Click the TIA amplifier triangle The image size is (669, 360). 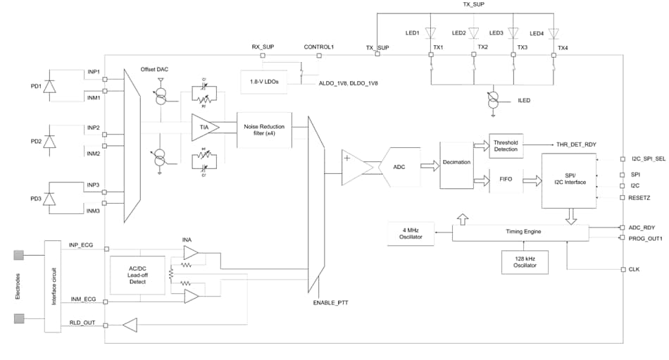click(x=204, y=127)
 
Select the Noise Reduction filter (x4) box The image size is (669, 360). click(x=264, y=130)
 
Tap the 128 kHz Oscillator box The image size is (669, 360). click(x=525, y=261)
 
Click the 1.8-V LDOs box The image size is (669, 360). click(x=264, y=82)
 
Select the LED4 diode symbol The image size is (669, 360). click(x=554, y=33)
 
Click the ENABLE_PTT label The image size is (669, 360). click(x=331, y=302)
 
